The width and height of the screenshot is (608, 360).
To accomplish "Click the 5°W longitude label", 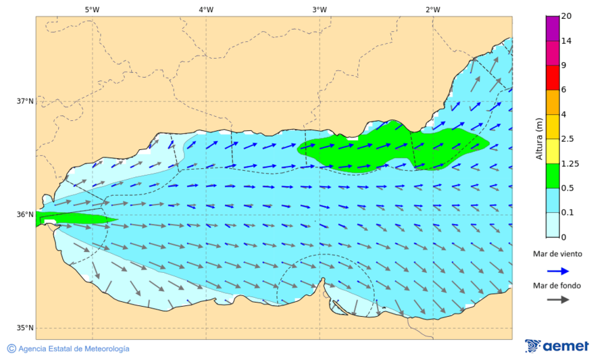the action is pos(92,9).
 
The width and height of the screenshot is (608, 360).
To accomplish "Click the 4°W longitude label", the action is pos(206,9).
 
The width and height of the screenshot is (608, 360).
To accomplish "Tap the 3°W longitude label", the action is pos(320,9).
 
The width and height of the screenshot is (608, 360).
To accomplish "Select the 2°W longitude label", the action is pos(433,9).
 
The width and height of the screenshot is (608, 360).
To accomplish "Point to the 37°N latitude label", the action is pos(25,101).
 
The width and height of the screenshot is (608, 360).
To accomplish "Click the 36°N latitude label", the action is pos(25,215).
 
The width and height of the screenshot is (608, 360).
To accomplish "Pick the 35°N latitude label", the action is pos(25,328).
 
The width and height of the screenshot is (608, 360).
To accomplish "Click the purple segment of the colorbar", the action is pos(553,28).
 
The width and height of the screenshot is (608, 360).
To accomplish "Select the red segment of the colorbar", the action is pos(553,78).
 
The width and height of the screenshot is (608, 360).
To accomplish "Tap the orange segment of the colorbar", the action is pos(553,102).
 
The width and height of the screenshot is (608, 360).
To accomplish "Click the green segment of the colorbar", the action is pos(553,176).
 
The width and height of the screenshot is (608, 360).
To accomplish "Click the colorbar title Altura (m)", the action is pos(539,138).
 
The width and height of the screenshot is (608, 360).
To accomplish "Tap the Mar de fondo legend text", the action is pos(557,286).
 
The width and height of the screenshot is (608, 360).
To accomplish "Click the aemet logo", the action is pos(557,346).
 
